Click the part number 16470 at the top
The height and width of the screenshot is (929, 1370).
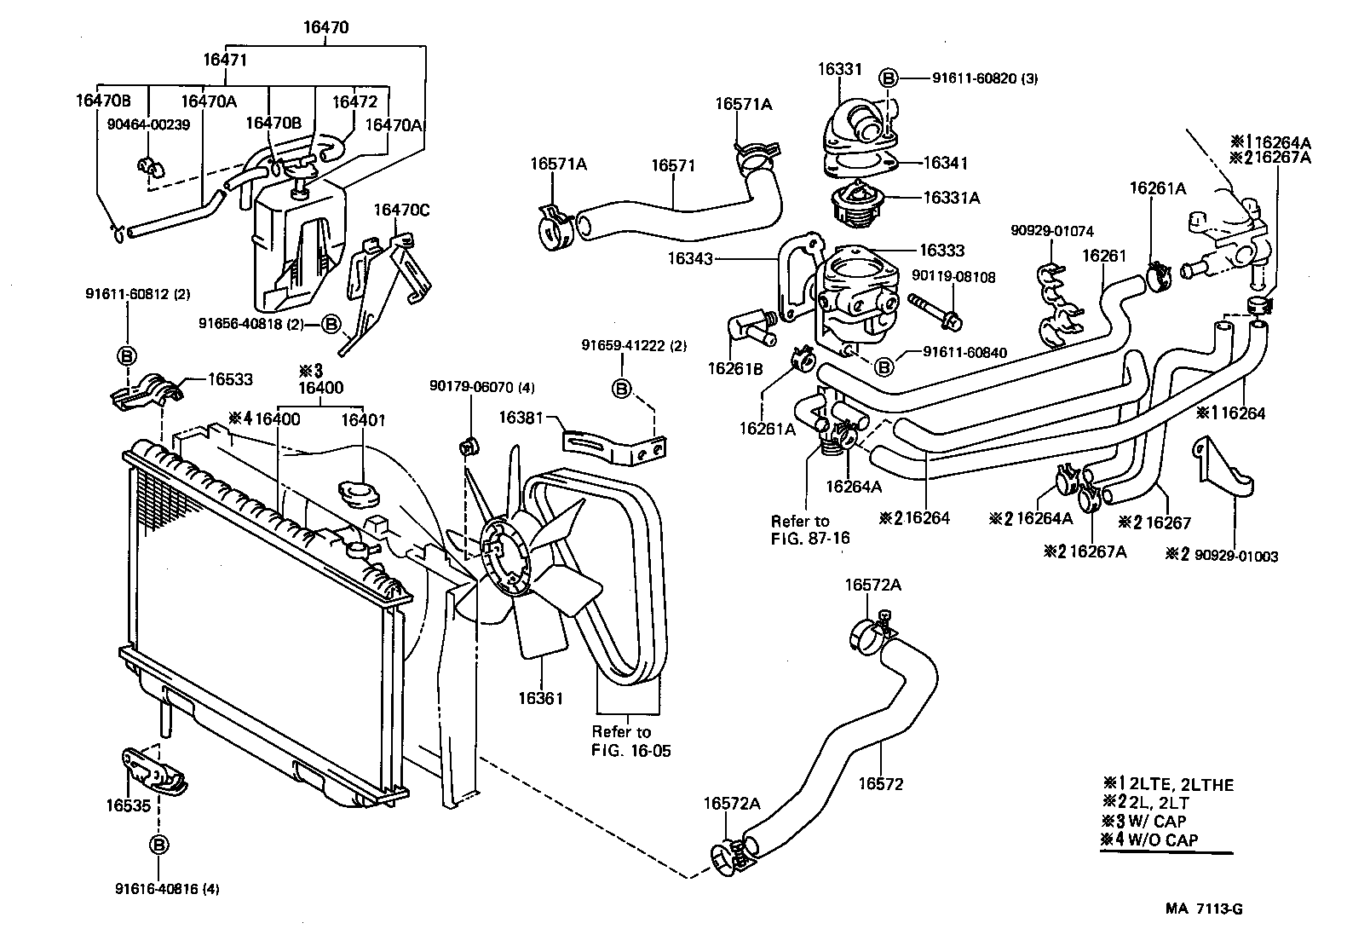325,27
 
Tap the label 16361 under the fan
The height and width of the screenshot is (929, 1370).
540,699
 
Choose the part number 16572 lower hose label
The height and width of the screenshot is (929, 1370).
880,783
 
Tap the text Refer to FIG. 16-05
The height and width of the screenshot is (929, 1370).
621,741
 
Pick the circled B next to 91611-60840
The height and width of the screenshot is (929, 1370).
884,367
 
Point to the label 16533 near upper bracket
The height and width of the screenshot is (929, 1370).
230,379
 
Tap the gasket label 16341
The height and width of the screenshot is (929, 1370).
945,162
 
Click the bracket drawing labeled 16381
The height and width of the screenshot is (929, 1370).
613,445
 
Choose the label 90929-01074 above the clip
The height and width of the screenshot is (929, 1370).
1052,230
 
